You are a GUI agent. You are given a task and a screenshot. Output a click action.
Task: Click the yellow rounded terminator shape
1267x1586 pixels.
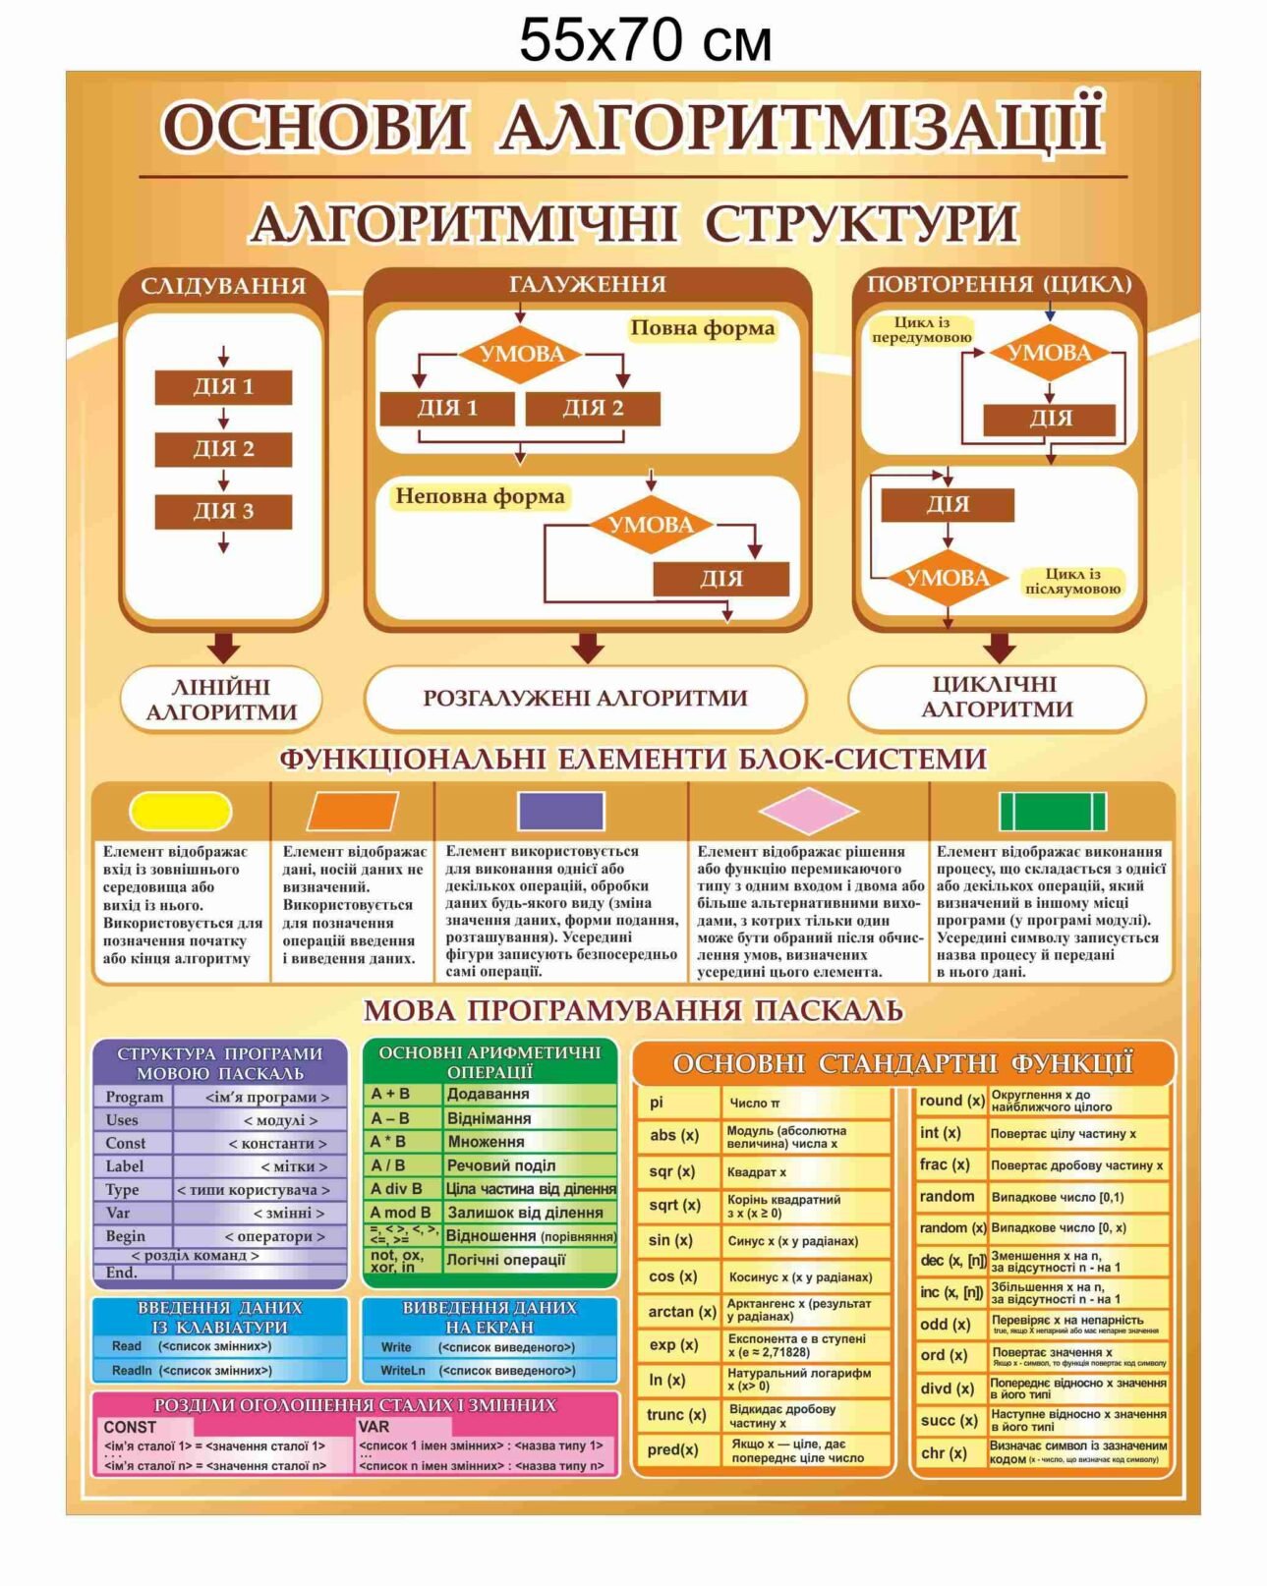pyautogui.click(x=181, y=811)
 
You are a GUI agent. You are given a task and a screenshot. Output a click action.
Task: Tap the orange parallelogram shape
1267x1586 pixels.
pyautogui.click(x=353, y=811)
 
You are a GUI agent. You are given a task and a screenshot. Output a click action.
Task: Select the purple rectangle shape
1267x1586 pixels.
pyautogui.click(x=560, y=811)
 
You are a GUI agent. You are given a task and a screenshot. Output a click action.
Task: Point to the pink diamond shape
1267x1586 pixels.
pyautogui.click(x=808, y=811)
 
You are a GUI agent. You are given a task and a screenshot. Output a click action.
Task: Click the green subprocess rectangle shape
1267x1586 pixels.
pyautogui.click(x=1052, y=812)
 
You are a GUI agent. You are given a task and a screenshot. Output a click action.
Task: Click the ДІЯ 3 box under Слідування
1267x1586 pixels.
pyautogui.click(x=223, y=511)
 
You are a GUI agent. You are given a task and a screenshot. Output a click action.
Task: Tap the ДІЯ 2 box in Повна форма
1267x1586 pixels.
pyautogui.click(x=593, y=408)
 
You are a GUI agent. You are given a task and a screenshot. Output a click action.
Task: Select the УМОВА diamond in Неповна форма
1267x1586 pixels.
pyautogui.click(x=651, y=525)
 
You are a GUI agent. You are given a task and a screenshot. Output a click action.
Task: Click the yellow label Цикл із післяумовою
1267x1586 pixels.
pyautogui.click(x=1072, y=581)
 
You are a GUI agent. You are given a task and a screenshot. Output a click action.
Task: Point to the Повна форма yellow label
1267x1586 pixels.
pyautogui.click(x=702, y=328)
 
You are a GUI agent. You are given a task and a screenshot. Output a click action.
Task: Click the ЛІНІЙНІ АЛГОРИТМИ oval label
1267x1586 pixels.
pyautogui.click(x=221, y=699)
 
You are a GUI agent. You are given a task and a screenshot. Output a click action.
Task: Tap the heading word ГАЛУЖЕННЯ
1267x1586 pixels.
pyautogui.click(x=588, y=284)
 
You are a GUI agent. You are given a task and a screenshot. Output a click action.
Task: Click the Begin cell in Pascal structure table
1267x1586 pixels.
pyautogui.click(x=126, y=1236)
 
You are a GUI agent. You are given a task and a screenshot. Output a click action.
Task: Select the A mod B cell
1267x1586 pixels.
pyautogui.click(x=400, y=1213)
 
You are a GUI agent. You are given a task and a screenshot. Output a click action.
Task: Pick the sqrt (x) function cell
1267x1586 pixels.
pyautogui.click(x=675, y=1205)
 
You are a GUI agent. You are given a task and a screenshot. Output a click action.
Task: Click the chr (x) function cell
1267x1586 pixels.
pyautogui.click(x=944, y=1452)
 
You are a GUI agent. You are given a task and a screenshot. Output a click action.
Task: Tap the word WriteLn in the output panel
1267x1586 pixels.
pyautogui.click(x=403, y=1370)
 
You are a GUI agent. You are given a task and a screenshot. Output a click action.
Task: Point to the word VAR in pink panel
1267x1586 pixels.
pyautogui.click(x=374, y=1426)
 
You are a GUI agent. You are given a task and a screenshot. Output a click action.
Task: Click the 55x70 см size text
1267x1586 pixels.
pyautogui.click(x=645, y=41)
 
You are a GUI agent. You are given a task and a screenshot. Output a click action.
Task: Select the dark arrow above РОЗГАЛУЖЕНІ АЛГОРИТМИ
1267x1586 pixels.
pyautogui.click(x=588, y=647)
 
